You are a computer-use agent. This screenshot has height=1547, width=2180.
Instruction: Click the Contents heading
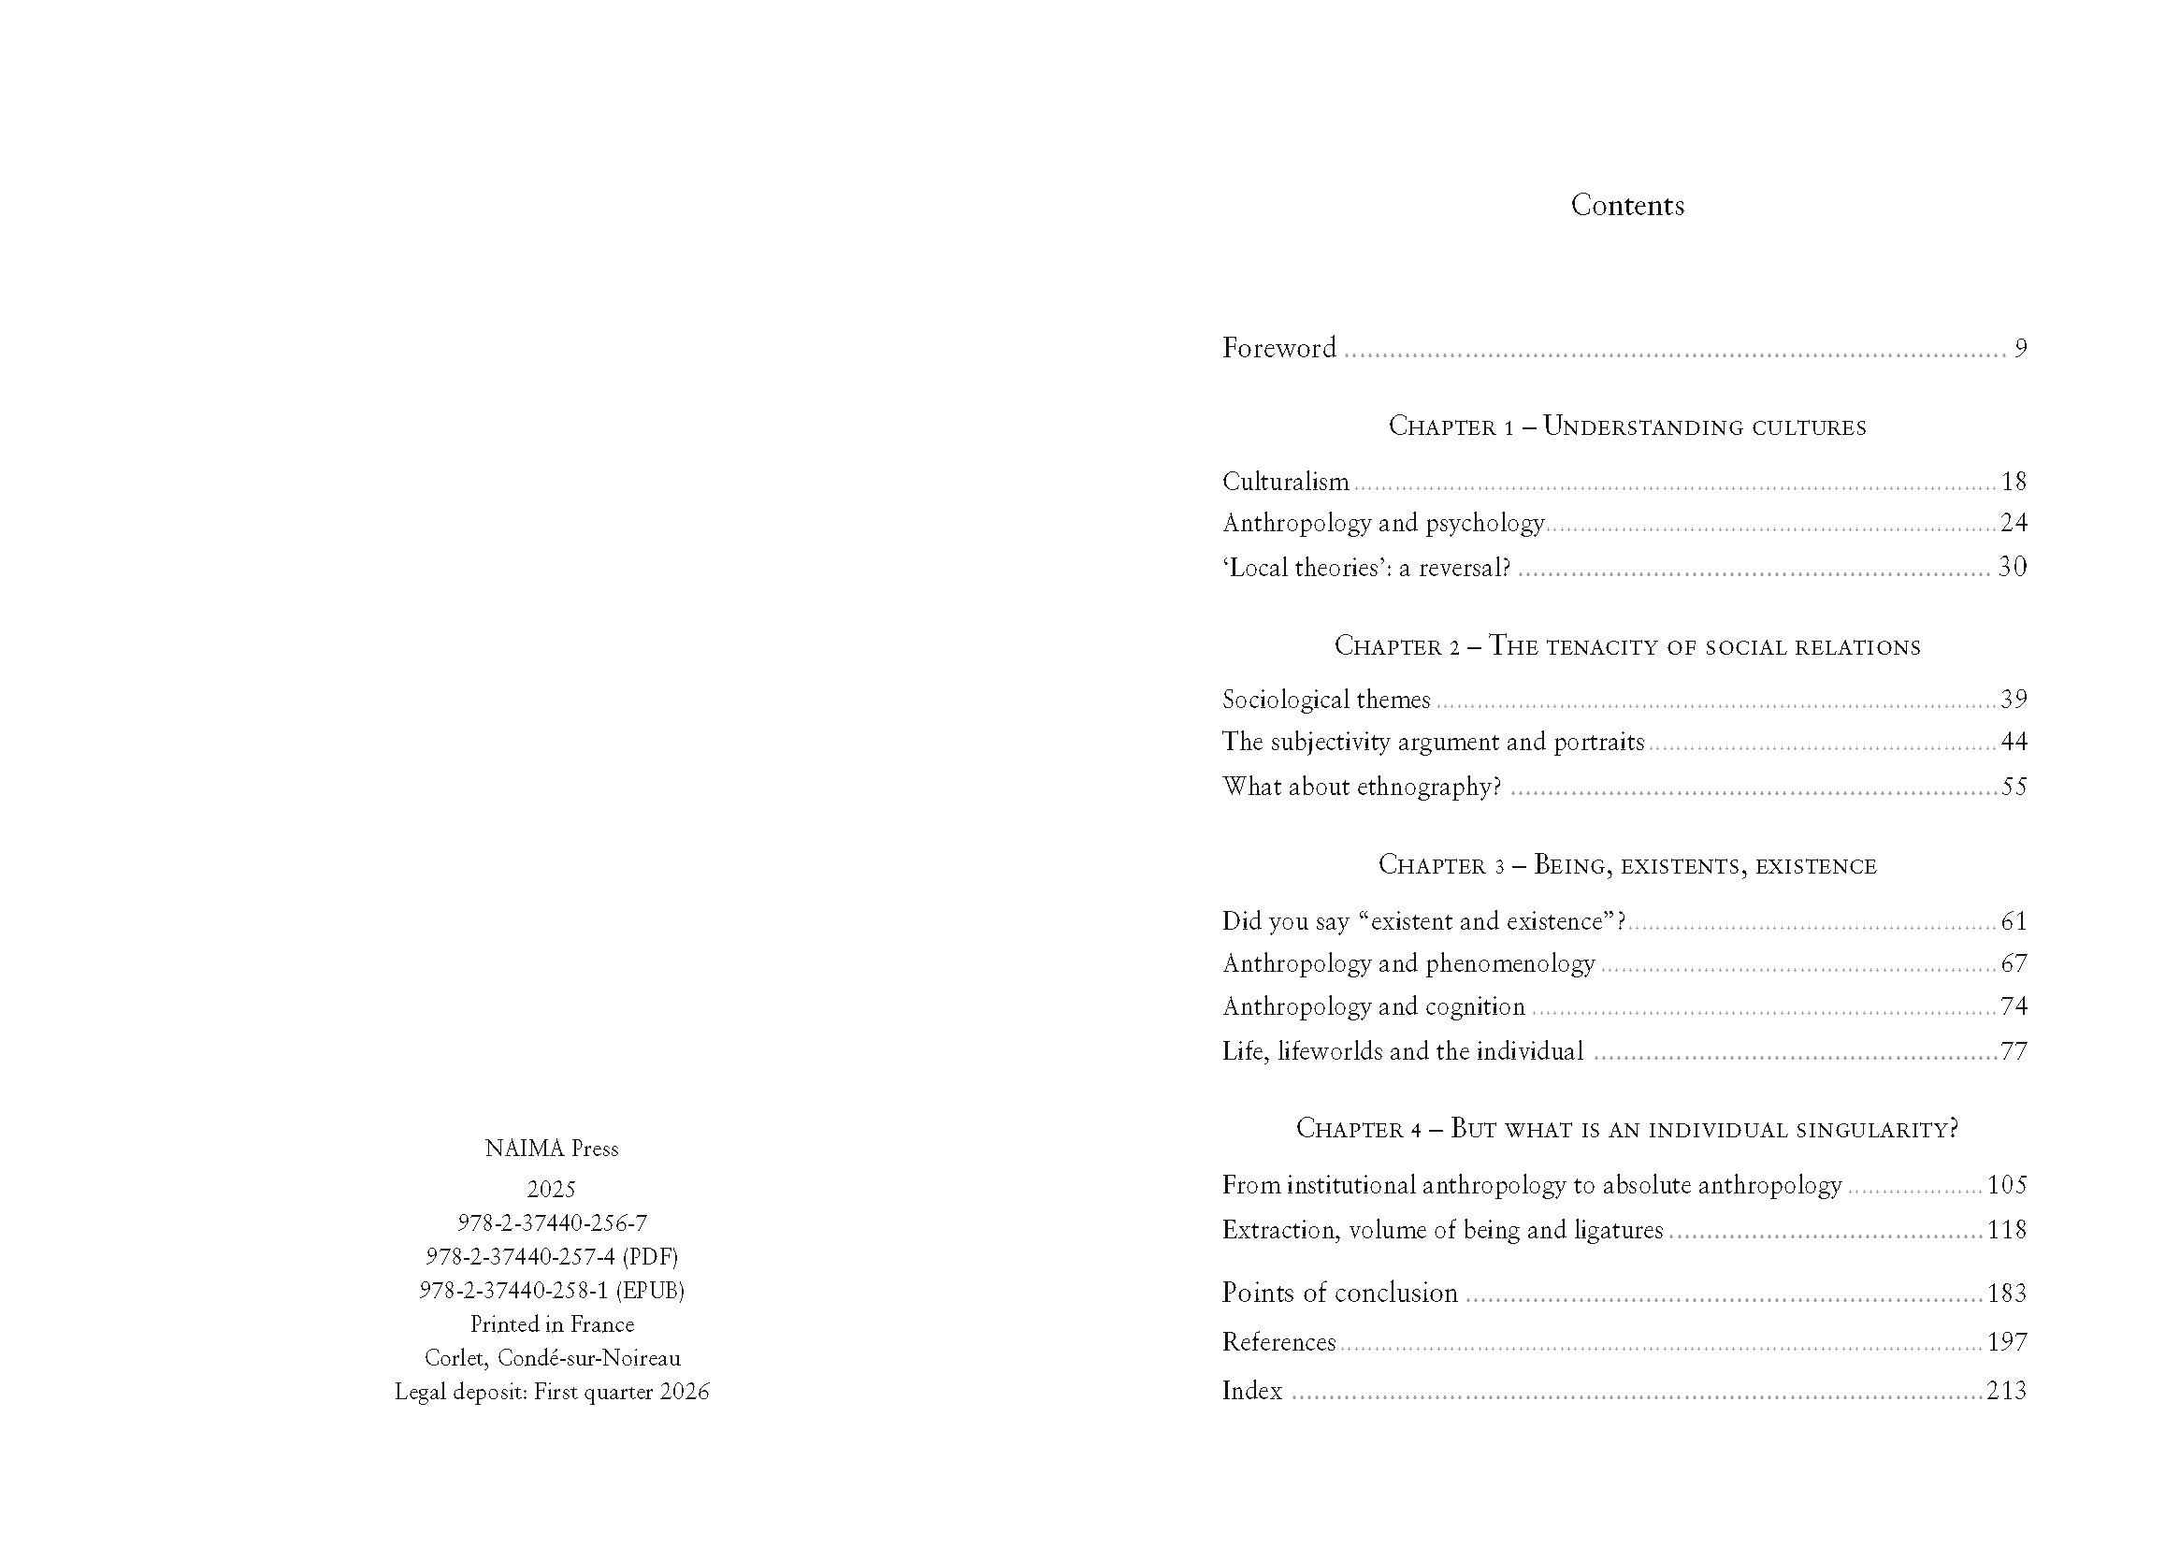coord(1626,206)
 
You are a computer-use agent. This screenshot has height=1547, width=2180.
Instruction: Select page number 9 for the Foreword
coord(2020,349)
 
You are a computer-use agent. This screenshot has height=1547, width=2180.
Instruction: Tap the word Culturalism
coord(1285,482)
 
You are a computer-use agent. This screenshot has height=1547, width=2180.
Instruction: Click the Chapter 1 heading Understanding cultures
coord(1626,426)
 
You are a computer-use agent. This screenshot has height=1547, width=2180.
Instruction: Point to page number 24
coord(2014,523)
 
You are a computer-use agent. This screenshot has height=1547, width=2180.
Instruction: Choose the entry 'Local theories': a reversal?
coord(1365,568)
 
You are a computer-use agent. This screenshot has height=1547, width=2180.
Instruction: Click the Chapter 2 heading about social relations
coord(1626,646)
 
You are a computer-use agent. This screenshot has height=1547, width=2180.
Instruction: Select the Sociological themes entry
coord(1326,701)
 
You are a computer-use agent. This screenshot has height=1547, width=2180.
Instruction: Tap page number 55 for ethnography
coord(2014,787)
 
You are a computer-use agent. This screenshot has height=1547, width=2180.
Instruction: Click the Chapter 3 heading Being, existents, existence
coord(1626,865)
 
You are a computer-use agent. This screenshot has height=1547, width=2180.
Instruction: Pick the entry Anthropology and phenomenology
coord(1408,964)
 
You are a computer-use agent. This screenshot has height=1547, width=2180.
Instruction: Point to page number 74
coord(2014,1007)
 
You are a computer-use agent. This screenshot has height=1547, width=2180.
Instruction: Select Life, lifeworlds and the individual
coord(1402,1051)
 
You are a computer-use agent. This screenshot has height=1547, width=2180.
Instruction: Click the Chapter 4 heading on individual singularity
coord(1626,1129)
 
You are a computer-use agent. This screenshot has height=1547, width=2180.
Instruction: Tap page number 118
coord(2007,1230)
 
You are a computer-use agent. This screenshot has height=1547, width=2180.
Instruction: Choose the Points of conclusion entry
coord(1339,1293)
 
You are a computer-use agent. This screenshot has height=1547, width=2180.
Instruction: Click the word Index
coord(1251,1391)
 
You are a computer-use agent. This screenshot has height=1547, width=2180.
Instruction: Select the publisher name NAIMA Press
coord(552,1149)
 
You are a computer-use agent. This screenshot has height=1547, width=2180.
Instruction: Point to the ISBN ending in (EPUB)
coord(552,1291)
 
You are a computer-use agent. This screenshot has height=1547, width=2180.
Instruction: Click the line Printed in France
coord(552,1324)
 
